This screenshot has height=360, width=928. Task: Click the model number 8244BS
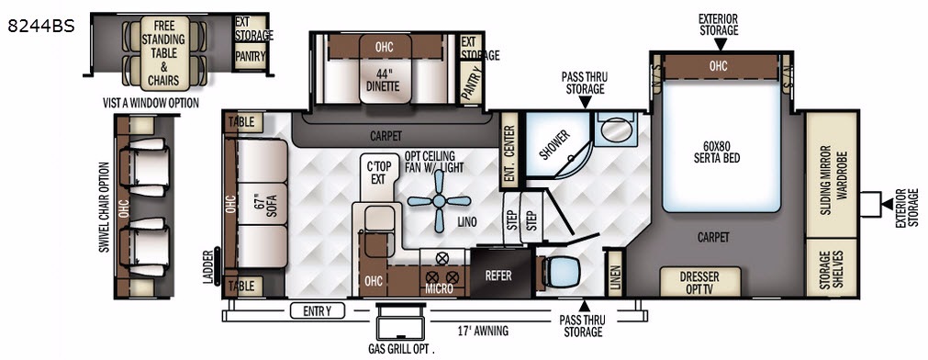pos(41,26)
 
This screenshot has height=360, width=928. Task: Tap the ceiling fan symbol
pos(439,202)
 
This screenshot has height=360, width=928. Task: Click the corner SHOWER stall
pos(557,144)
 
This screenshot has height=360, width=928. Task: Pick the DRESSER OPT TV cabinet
pos(700,282)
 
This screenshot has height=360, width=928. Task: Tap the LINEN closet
pos(614,273)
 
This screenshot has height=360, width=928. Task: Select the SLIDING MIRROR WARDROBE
pos(832,174)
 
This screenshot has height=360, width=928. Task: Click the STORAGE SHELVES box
pos(832,267)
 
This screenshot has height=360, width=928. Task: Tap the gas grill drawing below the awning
pos(402,321)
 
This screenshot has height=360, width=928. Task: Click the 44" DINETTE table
pos(385,69)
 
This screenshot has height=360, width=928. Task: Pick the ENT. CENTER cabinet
pos(509,149)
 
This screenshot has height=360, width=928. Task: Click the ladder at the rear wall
pos(218,266)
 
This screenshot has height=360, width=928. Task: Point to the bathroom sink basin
pos(615,129)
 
